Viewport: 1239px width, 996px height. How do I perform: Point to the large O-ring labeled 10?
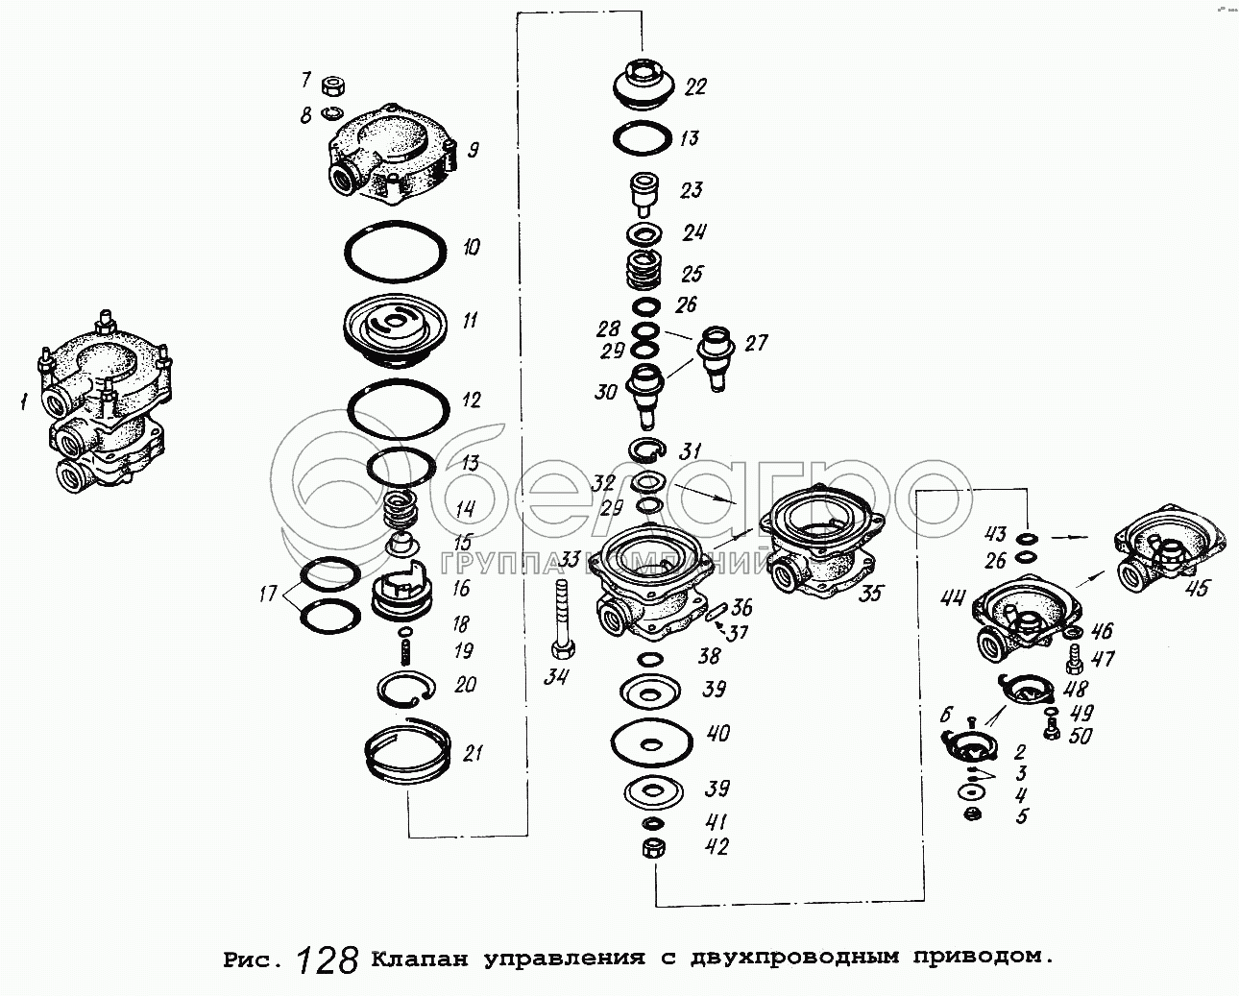(397, 251)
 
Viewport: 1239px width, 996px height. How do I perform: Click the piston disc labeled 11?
(397, 327)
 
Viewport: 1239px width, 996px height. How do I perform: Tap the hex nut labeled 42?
(651, 849)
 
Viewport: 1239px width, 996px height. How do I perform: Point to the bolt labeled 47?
(1075, 660)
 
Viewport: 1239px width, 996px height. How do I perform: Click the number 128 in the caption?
(328, 958)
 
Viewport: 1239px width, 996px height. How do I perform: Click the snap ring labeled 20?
(406, 688)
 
